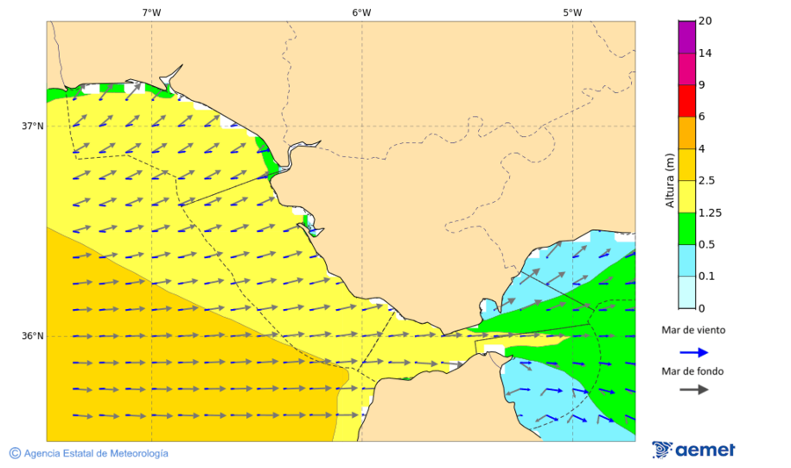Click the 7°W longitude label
click(151, 12)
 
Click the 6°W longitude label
click(361, 12)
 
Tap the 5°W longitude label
click(572, 12)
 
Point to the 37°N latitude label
click(33, 126)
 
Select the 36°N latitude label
click(33, 336)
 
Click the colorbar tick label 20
click(705, 21)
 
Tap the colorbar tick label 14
click(705, 53)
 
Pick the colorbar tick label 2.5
click(707, 181)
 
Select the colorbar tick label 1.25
click(709, 212)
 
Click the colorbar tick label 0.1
click(707, 277)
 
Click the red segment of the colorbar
click(686, 101)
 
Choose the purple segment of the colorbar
click(686, 37)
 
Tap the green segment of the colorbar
click(686, 228)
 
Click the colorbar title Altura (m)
click(670, 180)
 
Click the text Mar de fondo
click(693, 371)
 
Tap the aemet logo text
click(705, 450)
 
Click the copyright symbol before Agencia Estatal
click(15, 453)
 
